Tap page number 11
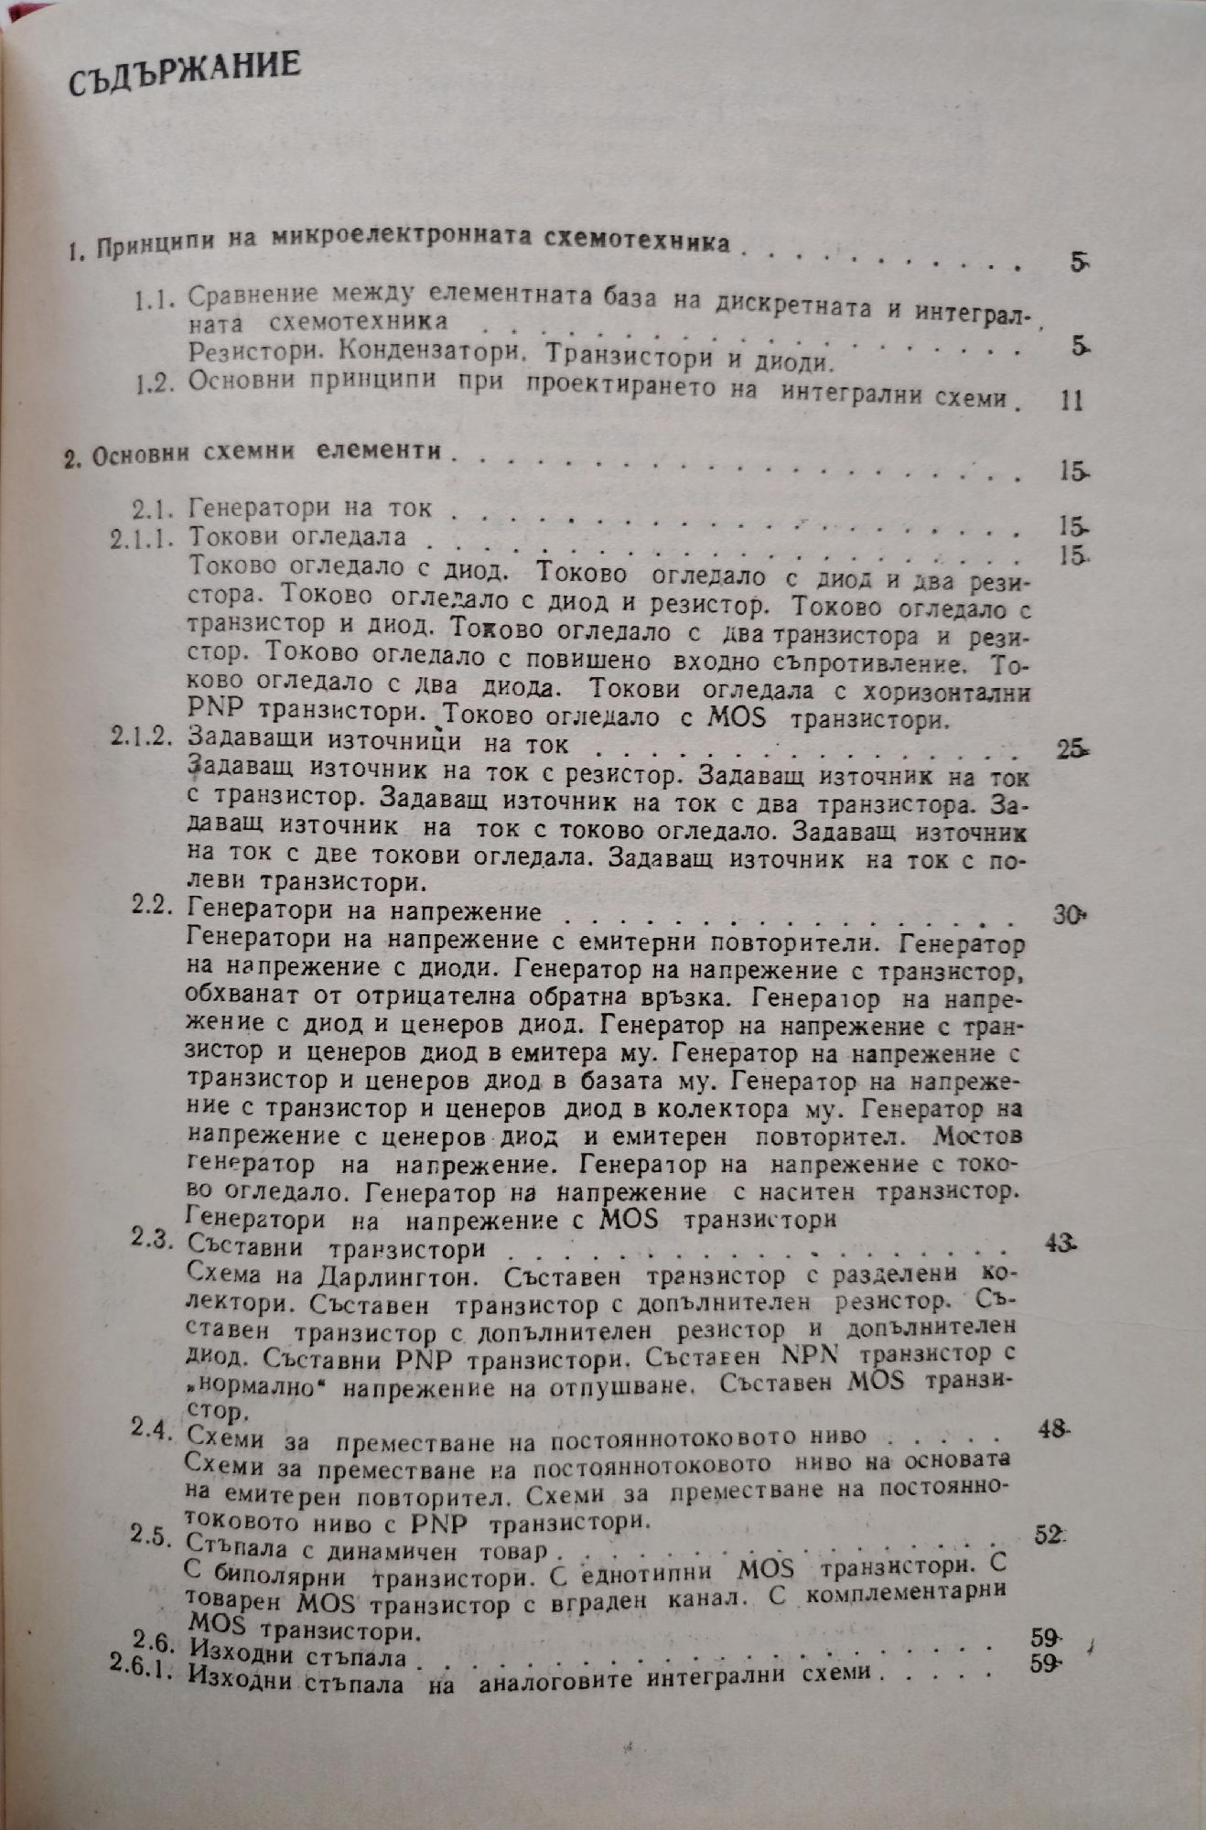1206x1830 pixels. (x=1069, y=401)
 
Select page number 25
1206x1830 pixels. (x=1069, y=750)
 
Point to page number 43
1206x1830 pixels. (x=1060, y=1243)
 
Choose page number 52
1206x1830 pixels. (x=1049, y=1534)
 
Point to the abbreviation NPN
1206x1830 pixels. (x=811, y=1353)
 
